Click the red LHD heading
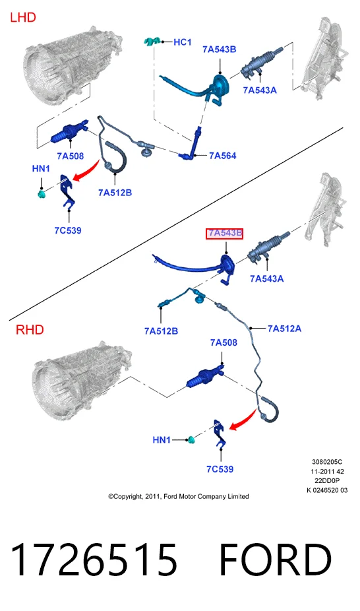point(22,18)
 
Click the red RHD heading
point(30,330)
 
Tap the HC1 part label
point(183,42)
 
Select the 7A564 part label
point(223,156)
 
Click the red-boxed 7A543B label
point(225,234)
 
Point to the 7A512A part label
point(284,329)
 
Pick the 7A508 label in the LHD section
point(71,156)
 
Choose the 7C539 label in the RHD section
point(220,469)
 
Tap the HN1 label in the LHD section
point(41,168)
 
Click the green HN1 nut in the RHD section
point(191,440)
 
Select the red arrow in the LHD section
point(86,172)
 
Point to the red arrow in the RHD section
point(244,420)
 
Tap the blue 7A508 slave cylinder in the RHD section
point(204,377)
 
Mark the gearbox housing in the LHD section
point(73,65)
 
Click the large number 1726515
point(94,560)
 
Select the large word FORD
point(276,560)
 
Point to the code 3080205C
point(327,462)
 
